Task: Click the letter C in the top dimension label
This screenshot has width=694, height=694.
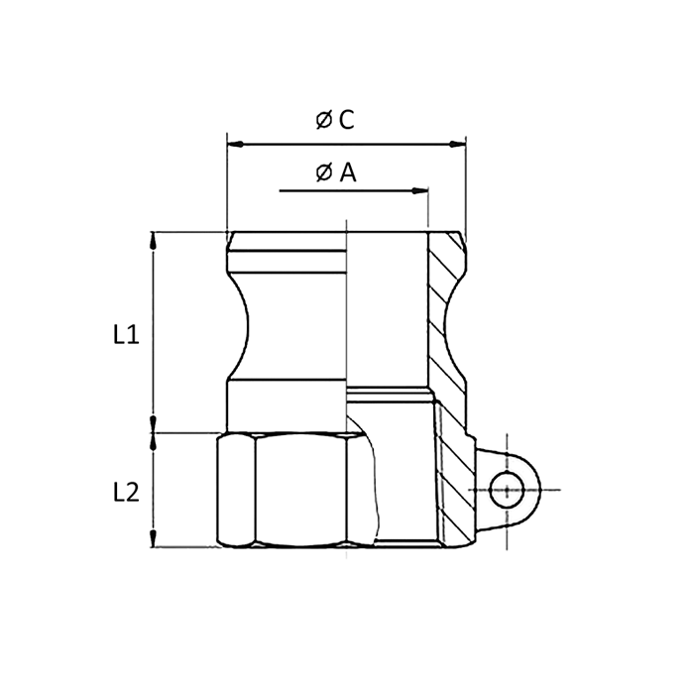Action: [346, 120]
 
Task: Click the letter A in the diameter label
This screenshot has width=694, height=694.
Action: [347, 173]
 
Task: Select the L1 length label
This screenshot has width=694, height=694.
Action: [125, 334]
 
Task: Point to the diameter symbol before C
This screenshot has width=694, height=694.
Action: [323, 121]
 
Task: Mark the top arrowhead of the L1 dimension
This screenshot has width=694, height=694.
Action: [153, 239]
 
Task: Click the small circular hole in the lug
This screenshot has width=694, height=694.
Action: [506, 490]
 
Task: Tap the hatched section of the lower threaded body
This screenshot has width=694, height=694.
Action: [451, 476]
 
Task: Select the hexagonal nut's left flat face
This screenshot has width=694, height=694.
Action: [236, 491]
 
